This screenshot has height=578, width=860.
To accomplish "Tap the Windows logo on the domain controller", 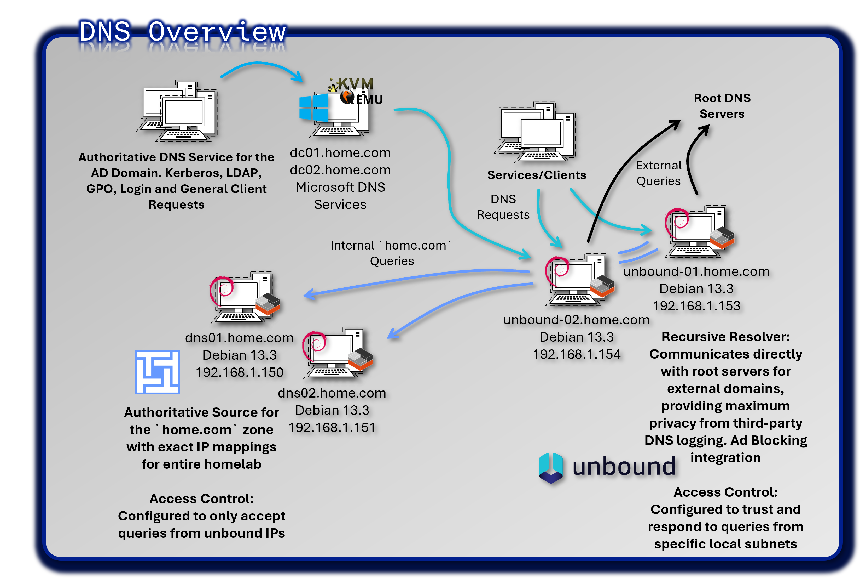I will pyautogui.click(x=313, y=108).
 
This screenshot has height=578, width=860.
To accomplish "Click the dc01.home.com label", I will pyautogui.click(x=340, y=153).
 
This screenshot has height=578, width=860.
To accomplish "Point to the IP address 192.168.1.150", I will pyautogui.click(x=239, y=372).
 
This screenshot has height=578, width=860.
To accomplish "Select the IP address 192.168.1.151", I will pyautogui.click(x=332, y=428).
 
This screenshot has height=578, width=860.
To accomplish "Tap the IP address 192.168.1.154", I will pyautogui.click(x=577, y=354).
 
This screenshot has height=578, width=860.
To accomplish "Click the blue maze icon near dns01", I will pyautogui.click(x=158, y=372).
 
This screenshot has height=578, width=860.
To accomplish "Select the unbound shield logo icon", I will pyautogui.click(x=551, y=467).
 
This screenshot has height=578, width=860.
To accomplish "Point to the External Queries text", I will pyautogui.click(x=659, y=173).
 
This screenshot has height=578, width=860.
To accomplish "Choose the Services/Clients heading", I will pyautogui.click(x=536, y=175).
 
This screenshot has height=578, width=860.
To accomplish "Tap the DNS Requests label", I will pyautogui.click(x=503, y=207).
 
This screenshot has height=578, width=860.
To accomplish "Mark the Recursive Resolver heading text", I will pyautogui.click(x=725, y=337).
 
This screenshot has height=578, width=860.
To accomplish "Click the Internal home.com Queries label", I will pyautogui.click(x=391, y=253).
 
